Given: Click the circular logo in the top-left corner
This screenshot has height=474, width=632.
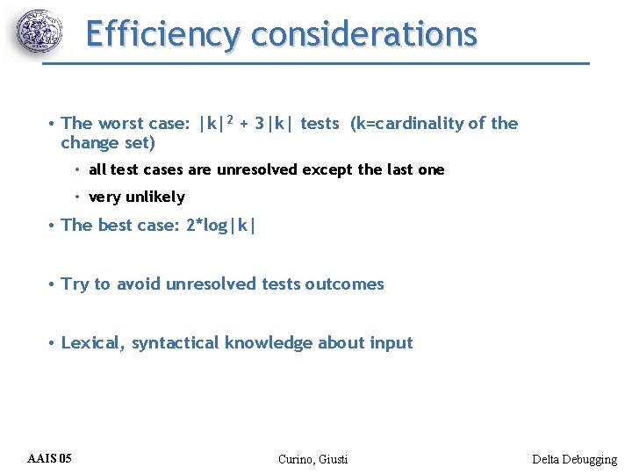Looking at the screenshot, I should tap(40, 32).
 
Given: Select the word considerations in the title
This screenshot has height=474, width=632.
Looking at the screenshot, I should tap(363, 34).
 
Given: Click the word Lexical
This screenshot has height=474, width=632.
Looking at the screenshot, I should tap(93, 343).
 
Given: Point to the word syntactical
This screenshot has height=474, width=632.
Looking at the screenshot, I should tap(176, 343).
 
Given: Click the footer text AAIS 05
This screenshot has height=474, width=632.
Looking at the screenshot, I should tap(50, 458).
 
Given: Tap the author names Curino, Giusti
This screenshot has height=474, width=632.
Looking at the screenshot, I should tap(312, 459).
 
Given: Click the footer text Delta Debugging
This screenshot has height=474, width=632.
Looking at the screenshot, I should tap(574, 459).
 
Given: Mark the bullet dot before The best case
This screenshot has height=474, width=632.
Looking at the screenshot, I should tap(54, 226).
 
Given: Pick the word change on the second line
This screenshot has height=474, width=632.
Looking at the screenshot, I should tap(88, 142).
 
